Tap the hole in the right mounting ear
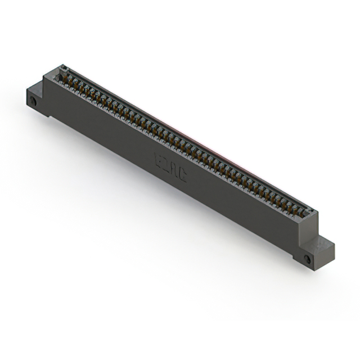[x=307, y=259]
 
